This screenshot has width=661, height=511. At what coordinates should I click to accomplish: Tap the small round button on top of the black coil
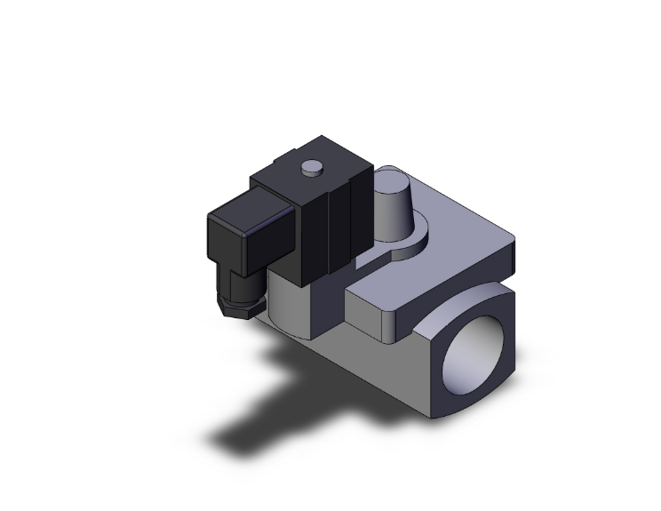coord(311,165)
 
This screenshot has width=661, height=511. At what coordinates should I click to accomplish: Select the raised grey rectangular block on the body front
coord(378,307)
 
